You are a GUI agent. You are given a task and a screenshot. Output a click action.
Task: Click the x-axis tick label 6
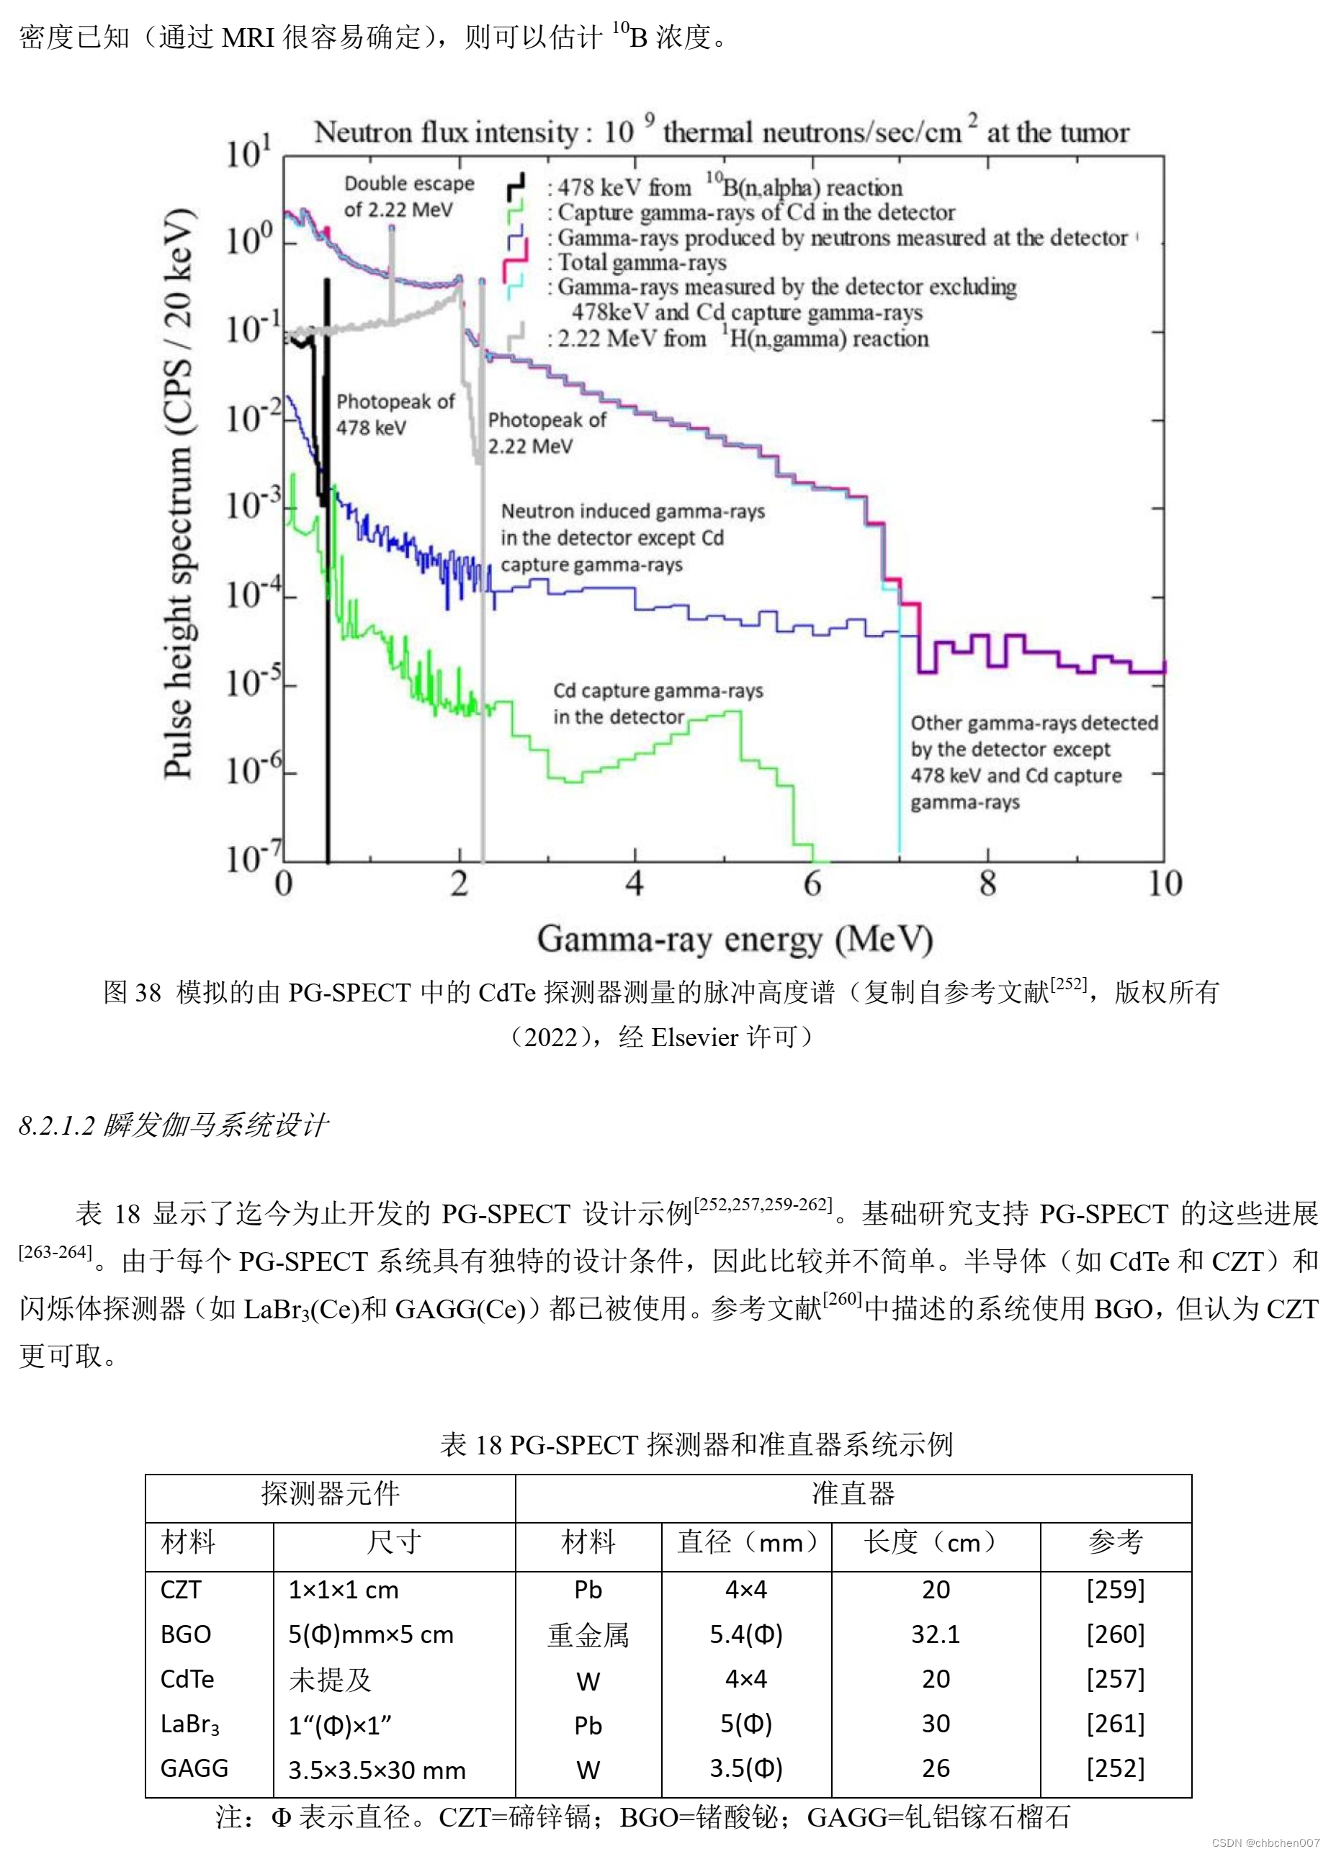point(811,883)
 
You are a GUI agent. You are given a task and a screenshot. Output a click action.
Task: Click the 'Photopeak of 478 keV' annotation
point(395,415)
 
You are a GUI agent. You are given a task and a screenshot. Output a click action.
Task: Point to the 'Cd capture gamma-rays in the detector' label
point(658,703)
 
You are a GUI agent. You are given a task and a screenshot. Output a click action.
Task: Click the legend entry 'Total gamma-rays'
point(641,262)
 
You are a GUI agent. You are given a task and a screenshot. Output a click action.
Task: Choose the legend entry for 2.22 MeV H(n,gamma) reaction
point(743,338)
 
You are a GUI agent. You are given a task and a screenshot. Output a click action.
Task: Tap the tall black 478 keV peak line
point(328,572)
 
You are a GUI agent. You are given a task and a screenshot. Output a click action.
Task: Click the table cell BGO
point(186,1634)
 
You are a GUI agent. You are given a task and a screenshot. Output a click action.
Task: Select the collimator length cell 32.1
point(936,1634)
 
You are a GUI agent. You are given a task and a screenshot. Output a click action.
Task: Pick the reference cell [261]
point(1115,1723)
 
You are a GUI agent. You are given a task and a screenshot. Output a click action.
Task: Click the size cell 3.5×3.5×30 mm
point(377,1770)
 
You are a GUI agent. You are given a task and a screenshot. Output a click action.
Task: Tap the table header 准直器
point(853,1493)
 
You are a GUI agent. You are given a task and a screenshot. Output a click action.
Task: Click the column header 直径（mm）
point(745,1542)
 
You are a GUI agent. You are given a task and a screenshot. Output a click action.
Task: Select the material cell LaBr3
point(189,1724)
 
